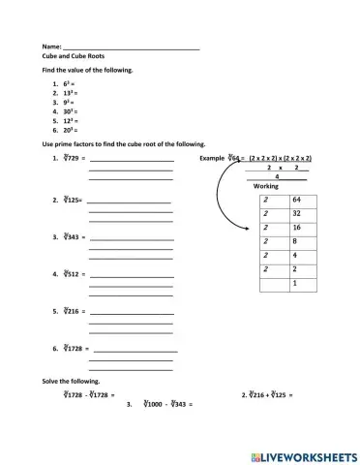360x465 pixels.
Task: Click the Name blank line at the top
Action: tap(131, 47)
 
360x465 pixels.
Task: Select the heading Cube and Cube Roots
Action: tap(71, 57)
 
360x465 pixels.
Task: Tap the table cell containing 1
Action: tap(294, 284)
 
